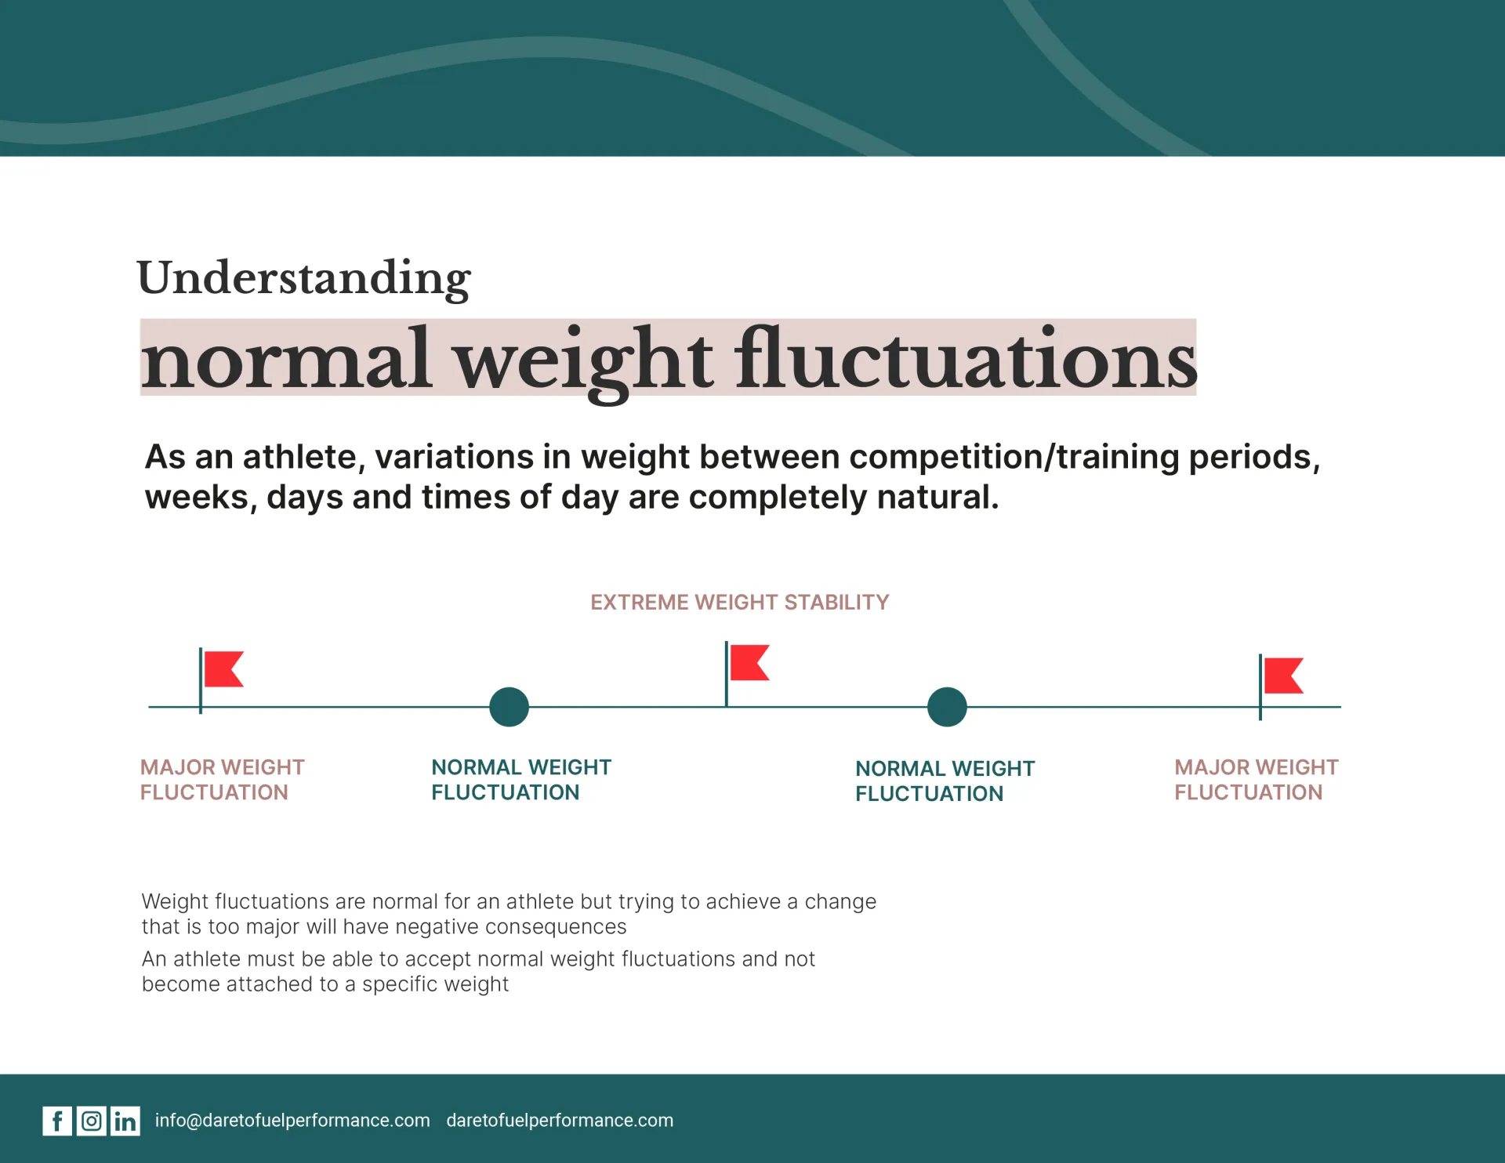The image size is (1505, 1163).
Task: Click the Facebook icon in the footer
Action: (x=57, y=1121)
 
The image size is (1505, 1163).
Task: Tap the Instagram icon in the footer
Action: (x=92, y=1121)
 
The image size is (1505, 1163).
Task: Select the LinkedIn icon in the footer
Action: (x=125, y=1121)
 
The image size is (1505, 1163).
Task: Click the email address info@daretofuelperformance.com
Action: (x=292, y=1121)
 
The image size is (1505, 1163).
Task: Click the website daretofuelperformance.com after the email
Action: (x=560, y=1121)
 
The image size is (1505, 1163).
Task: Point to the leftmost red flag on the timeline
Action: (x=223, y=669)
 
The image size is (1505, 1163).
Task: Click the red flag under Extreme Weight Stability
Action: (x=749, y=663)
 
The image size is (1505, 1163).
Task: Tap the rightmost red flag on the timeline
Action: (x=1283, y=676)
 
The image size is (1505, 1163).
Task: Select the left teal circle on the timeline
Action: (x=510, y=707)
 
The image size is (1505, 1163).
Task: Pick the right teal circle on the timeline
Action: (x=947, y=707)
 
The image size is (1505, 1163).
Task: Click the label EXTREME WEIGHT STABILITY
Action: (x=740, y=602)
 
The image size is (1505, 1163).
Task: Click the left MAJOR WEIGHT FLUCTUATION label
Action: (x=223, y=780)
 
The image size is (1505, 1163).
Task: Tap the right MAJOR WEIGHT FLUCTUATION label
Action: (x=1257, y=780)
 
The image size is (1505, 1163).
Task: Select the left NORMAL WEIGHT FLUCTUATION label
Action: (x=521, y=780)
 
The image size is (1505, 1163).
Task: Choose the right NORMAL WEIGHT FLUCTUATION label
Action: (x=945, y=781)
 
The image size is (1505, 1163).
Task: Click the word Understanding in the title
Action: (x=304, y=278)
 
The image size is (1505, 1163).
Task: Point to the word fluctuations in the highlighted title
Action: (x=966, y=360)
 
